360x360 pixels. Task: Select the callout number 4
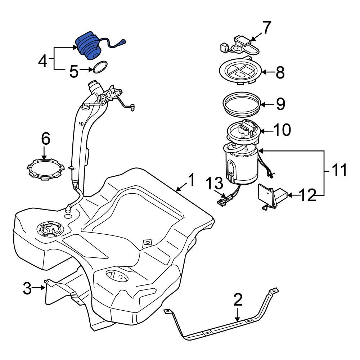click(43, 61)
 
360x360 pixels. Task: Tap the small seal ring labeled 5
click(100, 67)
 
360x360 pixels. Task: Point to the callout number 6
click(45, 139)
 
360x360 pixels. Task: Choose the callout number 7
click(266, 28)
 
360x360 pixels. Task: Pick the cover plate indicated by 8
click(240, 72)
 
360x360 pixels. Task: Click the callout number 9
click(280, 104)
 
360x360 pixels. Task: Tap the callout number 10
click(282, 130)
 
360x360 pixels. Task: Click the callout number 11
click(338, 170)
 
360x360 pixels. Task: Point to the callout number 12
click(308, 195)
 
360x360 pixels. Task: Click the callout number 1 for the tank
click(191, 180)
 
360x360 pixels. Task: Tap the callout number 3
click(27, 288)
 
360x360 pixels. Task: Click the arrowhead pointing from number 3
click(43, 287)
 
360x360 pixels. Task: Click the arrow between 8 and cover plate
click(268, 72)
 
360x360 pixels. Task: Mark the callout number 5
click(74, 71)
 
